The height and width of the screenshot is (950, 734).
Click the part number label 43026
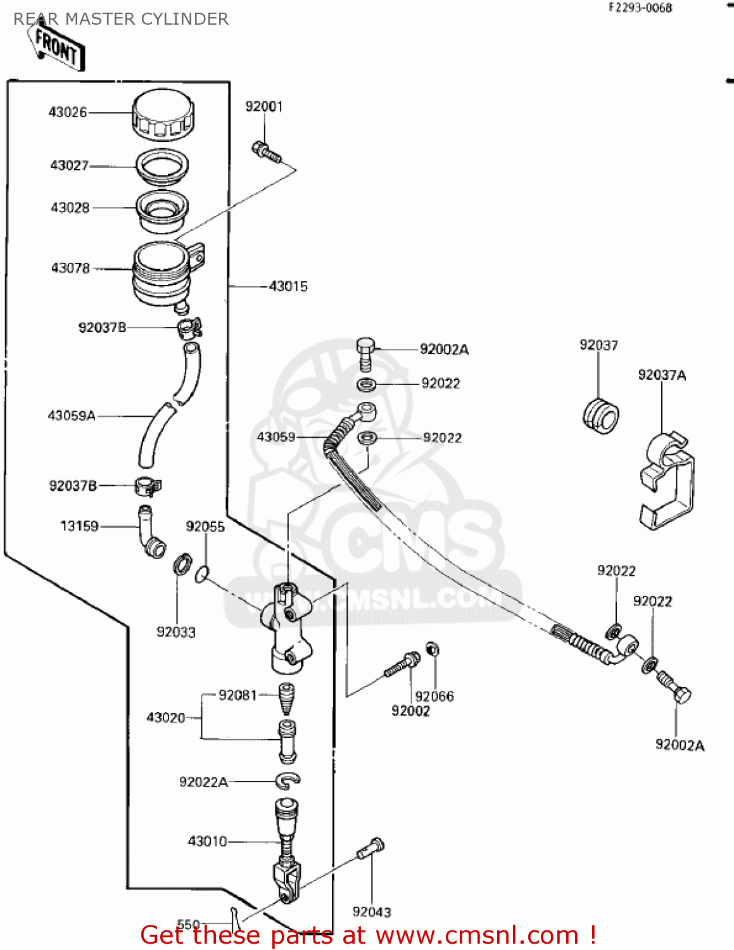coord(68,112)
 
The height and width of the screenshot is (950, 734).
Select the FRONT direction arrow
coord(56,47)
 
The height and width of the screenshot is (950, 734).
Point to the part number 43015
coord(288,286)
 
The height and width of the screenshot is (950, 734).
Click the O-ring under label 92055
coord(201,574)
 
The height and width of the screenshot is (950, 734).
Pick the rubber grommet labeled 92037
coord(600,416)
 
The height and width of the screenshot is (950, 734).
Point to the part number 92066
coord(434,696)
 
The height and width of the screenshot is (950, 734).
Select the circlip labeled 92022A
coord(288,781)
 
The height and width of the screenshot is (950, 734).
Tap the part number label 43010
coord(207,841)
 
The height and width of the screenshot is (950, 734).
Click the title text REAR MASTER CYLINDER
coord(121,19)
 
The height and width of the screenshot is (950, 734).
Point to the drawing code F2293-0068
coord(640,8)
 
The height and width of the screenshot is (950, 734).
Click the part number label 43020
coord(166,718)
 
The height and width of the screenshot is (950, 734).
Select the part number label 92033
coord(176,632)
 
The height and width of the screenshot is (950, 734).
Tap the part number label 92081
coord(237,695)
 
